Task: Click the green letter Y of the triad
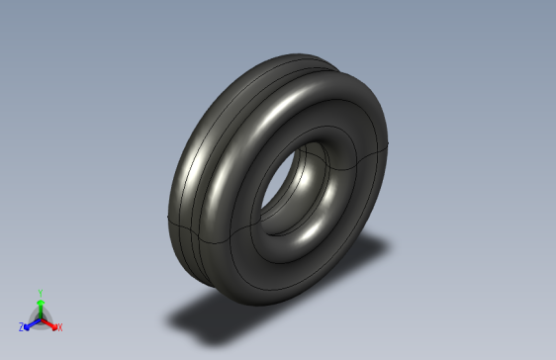point(40,293)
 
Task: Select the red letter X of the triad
point(59,327)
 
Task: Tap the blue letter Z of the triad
point(21,327)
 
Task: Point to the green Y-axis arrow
point(40,307)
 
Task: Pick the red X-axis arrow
point(49,322)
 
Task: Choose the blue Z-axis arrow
point(31,322)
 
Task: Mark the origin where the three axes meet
point(40,316)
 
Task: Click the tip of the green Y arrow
point(40,299)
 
